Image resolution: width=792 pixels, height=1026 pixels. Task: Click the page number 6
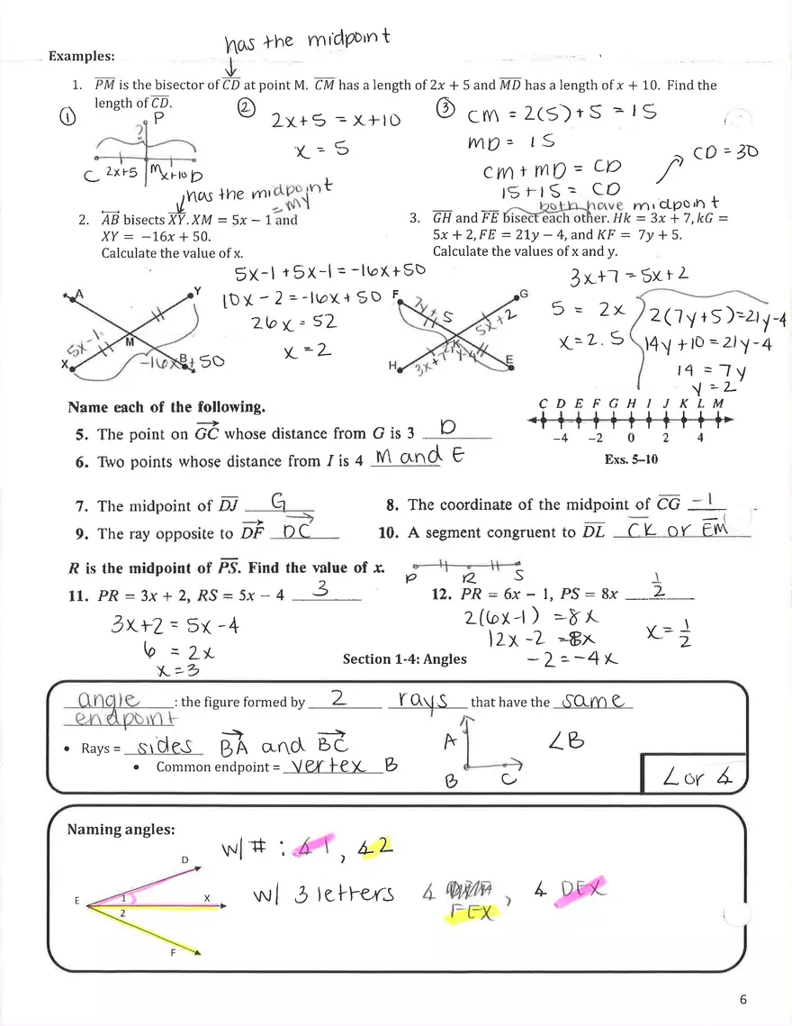[743, 998]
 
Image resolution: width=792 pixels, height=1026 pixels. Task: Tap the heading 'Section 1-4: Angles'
[404, 658]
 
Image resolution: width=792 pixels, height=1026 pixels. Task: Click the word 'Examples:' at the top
[80, 56]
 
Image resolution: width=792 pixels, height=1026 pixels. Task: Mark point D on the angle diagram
[185, 860]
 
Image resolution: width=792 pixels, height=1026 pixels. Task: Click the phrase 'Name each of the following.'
[166, 407]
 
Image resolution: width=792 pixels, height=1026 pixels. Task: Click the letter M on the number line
[718, 404]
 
